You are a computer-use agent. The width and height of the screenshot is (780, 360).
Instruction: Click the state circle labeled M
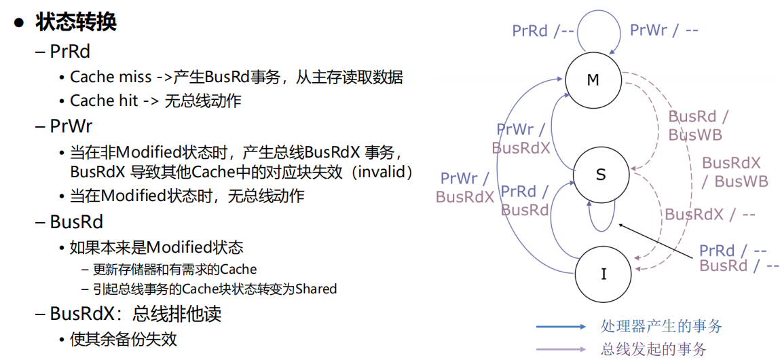point(593,80)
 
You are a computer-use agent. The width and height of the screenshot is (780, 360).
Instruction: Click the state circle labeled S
point(600,175)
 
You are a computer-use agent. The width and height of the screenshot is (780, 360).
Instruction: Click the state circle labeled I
point(603,274)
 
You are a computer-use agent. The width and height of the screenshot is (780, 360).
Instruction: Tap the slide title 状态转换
point(76,22)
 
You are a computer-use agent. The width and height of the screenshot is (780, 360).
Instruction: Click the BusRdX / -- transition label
point(709,215)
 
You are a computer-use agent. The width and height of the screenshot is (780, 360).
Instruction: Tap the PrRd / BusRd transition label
point(525,200)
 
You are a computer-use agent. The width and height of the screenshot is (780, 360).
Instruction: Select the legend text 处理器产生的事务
point(661,326)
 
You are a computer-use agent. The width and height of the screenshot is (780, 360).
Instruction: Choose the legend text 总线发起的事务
point(653,349)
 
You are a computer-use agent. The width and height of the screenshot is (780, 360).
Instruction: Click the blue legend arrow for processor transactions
point(561,327)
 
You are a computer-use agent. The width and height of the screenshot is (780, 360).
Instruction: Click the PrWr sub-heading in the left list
point(71,126)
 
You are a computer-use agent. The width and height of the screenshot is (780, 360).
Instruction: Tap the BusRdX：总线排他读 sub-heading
point(136,314)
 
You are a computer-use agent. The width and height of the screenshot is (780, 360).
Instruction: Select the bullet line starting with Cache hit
point(155,101)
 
